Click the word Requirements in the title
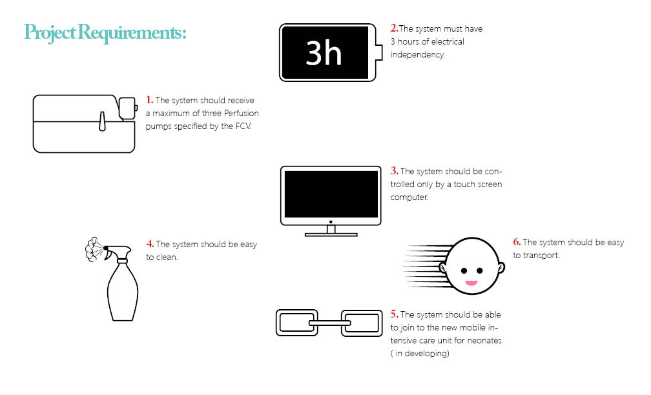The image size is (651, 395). tap(132, 32)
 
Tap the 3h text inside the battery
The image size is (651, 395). tap(324, 53)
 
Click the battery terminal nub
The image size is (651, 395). tap(378, 52)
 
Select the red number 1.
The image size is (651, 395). tap(149, 100)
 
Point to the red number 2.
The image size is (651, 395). tap(394, 28)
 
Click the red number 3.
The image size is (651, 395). tap(394, 171)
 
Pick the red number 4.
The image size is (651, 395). tap(150, 244)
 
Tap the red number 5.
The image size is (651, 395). tap(394, 314)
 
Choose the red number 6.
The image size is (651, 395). tap(517, 242)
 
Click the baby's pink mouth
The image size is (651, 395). tap(471, 283)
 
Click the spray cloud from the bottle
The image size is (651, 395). tap(93, 249)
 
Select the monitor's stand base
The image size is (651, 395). tap(331, 234)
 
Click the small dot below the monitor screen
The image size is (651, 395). tap(331, 222)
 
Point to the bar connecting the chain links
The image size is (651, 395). tap(329, 323)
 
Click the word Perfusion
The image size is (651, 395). tap(242, 114)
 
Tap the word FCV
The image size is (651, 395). tap(243, 126)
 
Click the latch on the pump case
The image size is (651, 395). tap(102, 121)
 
